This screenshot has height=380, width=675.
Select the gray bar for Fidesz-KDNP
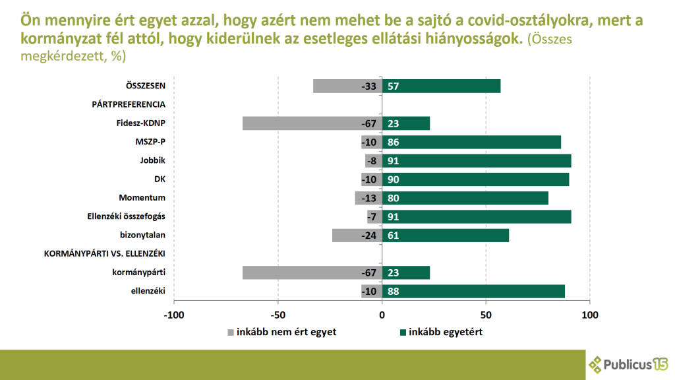click(303, 123)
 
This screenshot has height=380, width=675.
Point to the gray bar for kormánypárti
click(303, 273)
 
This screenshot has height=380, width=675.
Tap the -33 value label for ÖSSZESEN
click(368, 86)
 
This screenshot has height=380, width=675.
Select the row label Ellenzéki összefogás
click(126, 216)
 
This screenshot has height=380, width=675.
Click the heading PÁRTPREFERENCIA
click(128, 104)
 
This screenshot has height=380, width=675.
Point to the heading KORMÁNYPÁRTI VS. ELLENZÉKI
click(104, 254)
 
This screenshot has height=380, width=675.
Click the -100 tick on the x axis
click(174, 315)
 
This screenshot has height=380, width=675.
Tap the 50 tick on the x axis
click(486, 315)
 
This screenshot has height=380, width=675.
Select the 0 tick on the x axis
click(382, 315)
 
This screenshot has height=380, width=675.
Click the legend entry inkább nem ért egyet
click(286, 332)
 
